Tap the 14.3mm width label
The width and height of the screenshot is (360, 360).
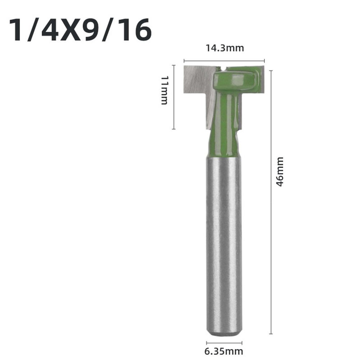pyautogui.click(x=224, y=48)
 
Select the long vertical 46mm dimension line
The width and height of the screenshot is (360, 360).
pyautogui.click(x=270, y=216)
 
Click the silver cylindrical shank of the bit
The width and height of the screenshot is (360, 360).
pyautogui.click(x=224, y=245)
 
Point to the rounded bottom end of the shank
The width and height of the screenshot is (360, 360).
pyautogui.click(x=224, y=332)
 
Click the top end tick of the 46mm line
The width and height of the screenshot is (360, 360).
pyautogui.click(x=270, y=71)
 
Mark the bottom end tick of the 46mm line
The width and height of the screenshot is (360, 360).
pyautogui.click(x=270, y=334)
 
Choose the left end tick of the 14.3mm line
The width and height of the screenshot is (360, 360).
pyautogui.click(x=184, y=61)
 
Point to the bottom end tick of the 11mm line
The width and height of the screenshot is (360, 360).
pyautogui.click(x=174, y=129)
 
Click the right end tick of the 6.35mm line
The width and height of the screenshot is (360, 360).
pyautogui.click(x=242, y=343)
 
